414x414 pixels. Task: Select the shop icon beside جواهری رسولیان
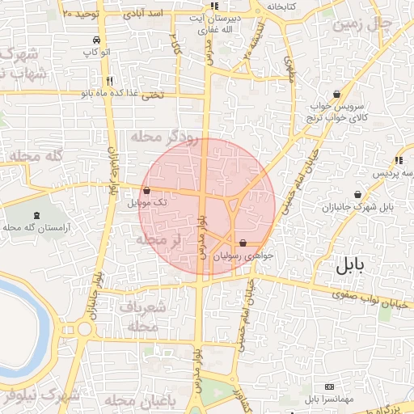tap(243, 242)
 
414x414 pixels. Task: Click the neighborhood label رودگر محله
tap(167, 137)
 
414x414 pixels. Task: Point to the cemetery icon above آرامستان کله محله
tap(37, 216)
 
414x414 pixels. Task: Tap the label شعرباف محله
tap(142, 316)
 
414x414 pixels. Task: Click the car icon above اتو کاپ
tap(97, 40)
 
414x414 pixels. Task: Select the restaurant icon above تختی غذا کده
tap(109, 80)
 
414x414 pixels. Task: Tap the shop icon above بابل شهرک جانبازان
tap(358, 194)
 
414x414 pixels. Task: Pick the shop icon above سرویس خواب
tap(336, 94)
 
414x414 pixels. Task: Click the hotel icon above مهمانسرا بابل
tap(328, 387)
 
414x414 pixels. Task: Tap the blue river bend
tap(36, 315)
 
